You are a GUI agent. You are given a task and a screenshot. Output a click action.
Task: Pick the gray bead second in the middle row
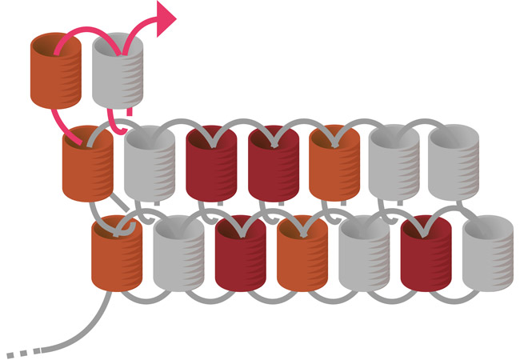(x=150, y=168)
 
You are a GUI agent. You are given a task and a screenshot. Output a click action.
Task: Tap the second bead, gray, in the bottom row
(x=178, y=258)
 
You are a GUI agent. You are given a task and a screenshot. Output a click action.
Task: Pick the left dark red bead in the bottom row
(x=241, y=258)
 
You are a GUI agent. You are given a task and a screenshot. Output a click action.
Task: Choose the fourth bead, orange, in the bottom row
(x=302, y=258)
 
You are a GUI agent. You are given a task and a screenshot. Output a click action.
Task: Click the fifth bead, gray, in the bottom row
(x=364, y=258)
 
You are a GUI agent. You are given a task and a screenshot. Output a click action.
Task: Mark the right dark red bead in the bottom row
(x=426, y=258)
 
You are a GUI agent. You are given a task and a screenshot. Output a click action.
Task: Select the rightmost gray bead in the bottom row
(x=487, y=258)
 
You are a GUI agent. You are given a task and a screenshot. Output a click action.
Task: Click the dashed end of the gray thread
(x=20, y=353)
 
